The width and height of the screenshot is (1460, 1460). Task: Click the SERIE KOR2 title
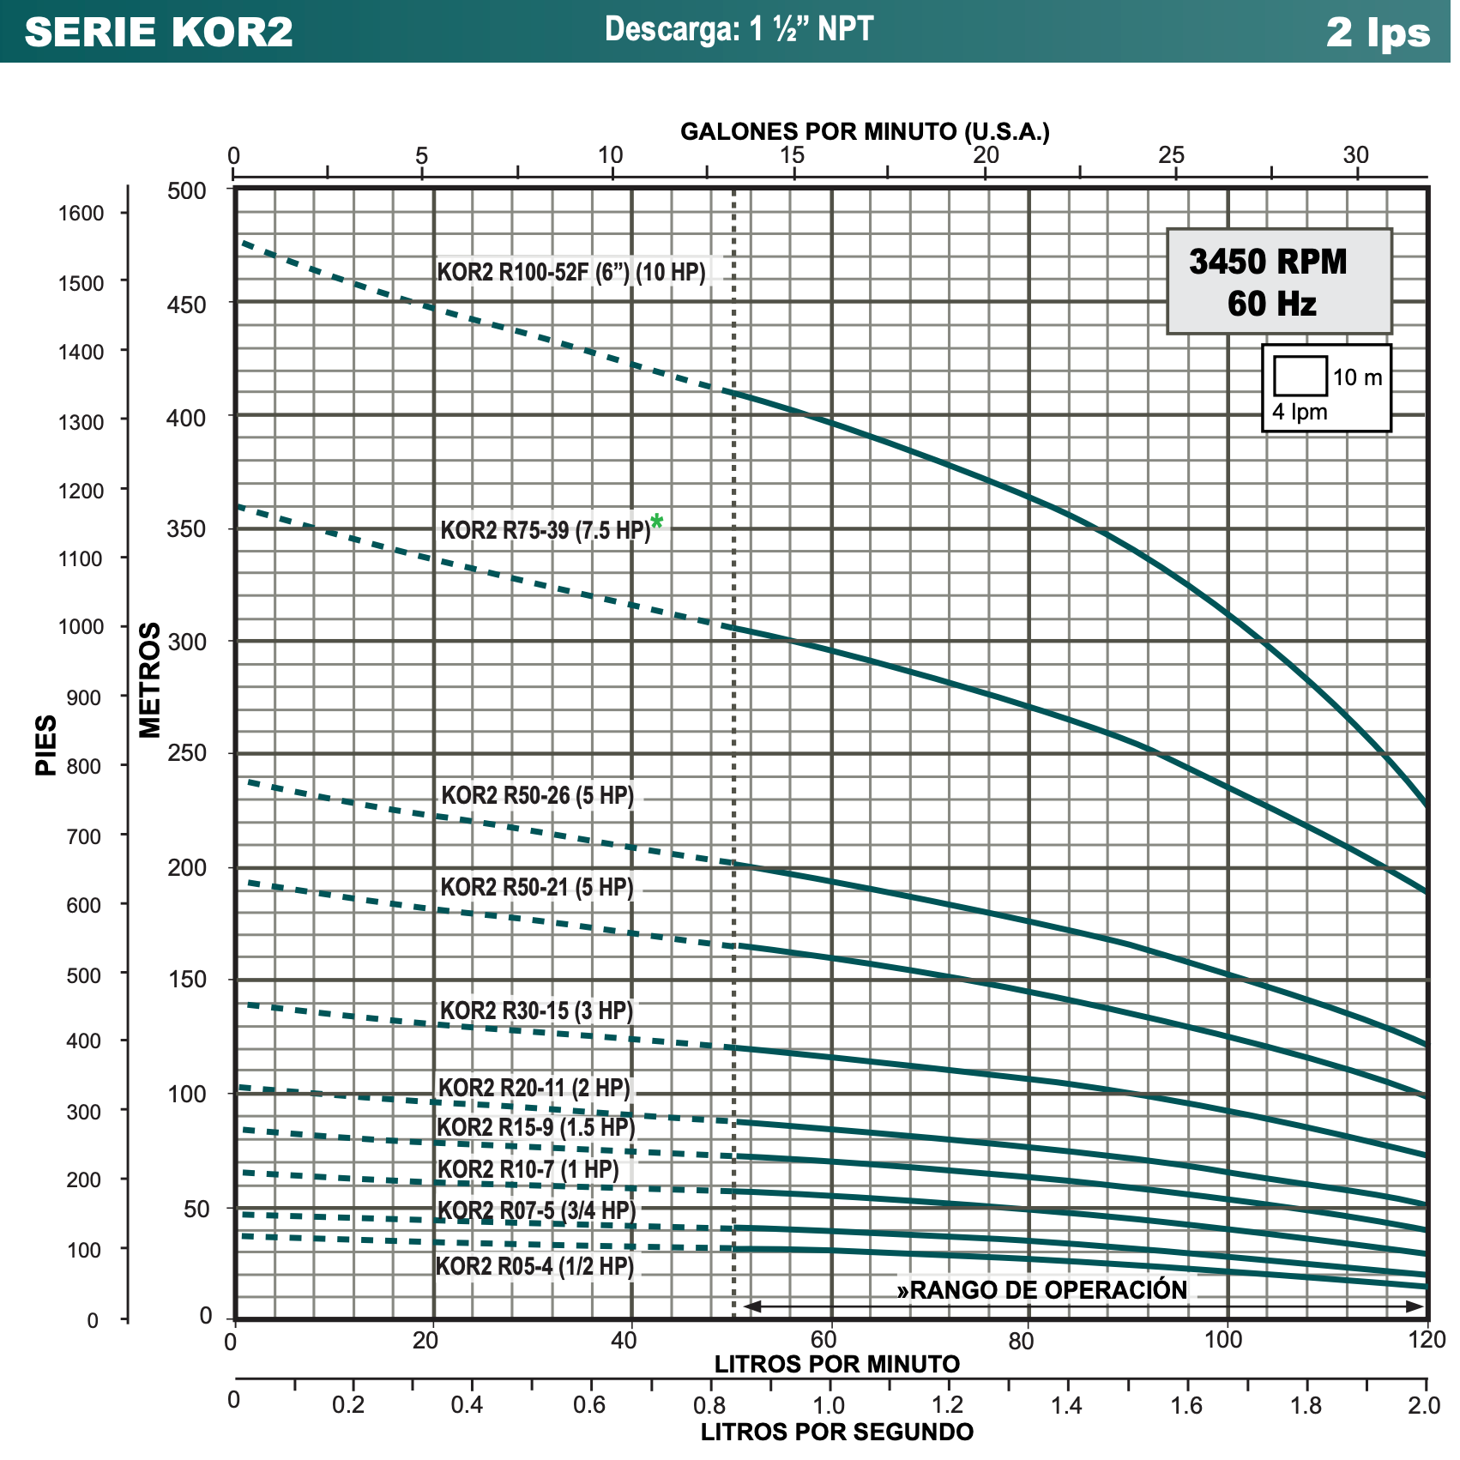(159, 32)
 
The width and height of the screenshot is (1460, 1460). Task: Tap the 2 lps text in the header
(1378, 33)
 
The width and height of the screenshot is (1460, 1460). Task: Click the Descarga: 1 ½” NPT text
(739, 29)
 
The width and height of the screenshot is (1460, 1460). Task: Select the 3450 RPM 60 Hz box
(1278, 281)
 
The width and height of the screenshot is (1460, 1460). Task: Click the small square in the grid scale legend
(1300, 376)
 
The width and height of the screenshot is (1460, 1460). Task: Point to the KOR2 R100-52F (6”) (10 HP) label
(571, 272)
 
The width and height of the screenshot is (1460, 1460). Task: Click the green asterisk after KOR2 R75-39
(656, 521)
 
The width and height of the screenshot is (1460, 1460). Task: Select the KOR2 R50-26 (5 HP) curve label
(537, 795)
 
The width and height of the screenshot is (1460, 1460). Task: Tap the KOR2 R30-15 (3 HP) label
(536, 1011)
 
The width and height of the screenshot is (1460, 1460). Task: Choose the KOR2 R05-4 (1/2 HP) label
(534, 1266)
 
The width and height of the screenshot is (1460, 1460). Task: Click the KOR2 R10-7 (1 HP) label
(528, 1169)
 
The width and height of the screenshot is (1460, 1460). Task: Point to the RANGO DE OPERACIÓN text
(1042, 1290)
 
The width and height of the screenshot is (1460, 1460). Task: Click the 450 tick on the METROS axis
(187, 305)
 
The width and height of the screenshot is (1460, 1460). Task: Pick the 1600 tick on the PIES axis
(81, 213)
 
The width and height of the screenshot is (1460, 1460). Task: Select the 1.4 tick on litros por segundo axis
(1067, 1405)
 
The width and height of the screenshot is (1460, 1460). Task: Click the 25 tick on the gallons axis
(1171, 155)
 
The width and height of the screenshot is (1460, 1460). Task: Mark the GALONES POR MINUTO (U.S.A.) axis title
(865, 131)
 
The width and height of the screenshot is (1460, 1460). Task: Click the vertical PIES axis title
(46, 745)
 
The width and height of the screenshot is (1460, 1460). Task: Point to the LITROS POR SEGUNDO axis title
(837, 1432)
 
